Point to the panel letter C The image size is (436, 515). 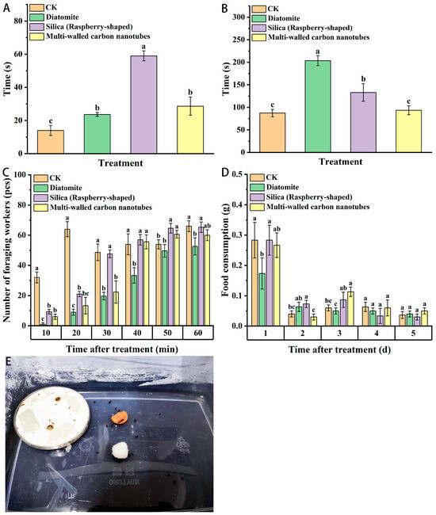coord(7,172)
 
